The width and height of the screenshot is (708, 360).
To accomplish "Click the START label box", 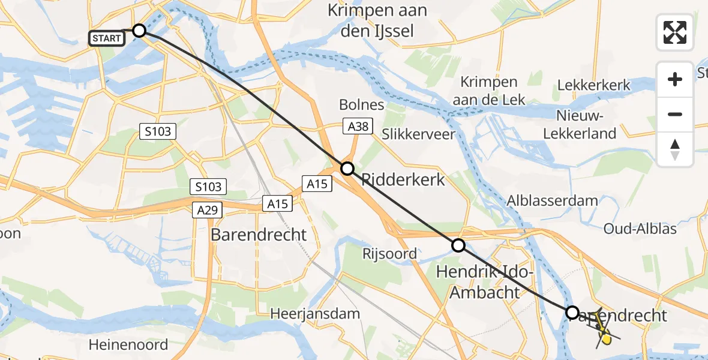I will click(x=107, y=38).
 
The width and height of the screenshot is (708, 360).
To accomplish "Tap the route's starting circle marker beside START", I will click(x=139, y=31).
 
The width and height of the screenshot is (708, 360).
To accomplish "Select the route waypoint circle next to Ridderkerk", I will click(x=347, y=169).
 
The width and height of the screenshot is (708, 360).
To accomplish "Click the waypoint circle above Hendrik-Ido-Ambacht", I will click(x=458, y=245).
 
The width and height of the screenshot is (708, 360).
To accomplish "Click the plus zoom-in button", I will click(x=675, y=79).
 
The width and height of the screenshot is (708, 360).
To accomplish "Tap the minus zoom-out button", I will click(x=675, y=114).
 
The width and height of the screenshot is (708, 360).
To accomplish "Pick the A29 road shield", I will click(x=208, y=210).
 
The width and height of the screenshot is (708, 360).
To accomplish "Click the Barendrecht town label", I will click(x=259, y=235).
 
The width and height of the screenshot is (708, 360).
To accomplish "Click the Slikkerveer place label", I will click(x=418, y=134).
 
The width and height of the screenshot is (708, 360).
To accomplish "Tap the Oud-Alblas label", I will click(x=640, y=229).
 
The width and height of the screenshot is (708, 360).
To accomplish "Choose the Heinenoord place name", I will click(x=128, y=345).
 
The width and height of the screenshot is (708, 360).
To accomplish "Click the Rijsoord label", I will click(x=389, y=254).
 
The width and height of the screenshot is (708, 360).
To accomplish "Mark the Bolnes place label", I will click(x=361, y=104).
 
